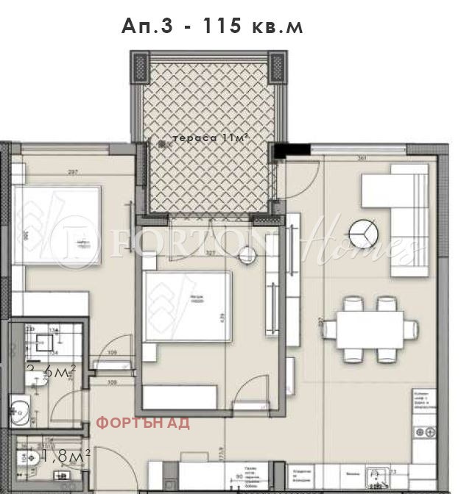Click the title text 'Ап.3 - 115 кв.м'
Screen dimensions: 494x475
click(212, 27)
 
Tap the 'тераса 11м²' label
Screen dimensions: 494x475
click(208, 137)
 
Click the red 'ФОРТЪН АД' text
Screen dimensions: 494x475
click(144, 423)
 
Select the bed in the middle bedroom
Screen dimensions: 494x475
click(188, 306)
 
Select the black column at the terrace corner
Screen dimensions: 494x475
click(279, 151)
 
